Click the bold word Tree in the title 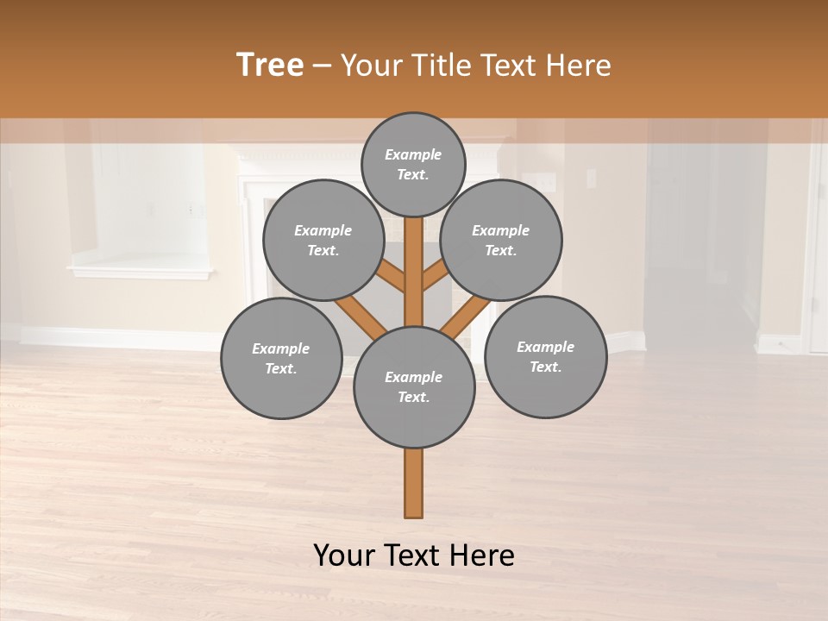(x=270, y=66)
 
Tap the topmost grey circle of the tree (x=413, y=164)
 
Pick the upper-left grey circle (x=323, y=240)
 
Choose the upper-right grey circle (x=501, y=240)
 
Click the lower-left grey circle (x=281, y=358)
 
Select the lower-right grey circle (x=546, y=356)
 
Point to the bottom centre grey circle (x=414, y=387)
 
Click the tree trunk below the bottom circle (x=414, y=483)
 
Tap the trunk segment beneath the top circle (x=414, y=259)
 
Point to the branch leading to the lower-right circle (x=466, y=316)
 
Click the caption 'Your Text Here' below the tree (x=414, y=555)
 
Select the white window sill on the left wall (x=140, y=273)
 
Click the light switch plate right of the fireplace (x=591, y=179)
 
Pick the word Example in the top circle (x=413, y=154)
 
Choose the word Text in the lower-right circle (x=545, y=367)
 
